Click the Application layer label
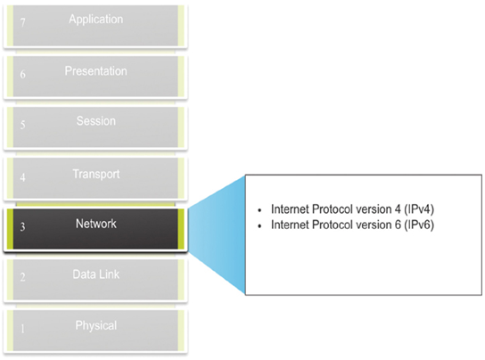tap(96, 20)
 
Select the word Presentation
tap(96, 71)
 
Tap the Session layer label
tap(96, 121)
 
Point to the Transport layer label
tap(96, 174)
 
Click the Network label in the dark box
tap(96, 224)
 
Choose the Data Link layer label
tap(96, 274)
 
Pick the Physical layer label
tap(96, 325)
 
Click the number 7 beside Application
tap(22, 22)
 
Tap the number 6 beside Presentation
tap(22, 74)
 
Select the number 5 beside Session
tap(22, 125)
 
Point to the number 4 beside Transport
tap(22, 177)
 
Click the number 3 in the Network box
tap(22, 227)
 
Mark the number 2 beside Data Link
tap(22, 277)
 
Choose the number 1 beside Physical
tap(22, 329)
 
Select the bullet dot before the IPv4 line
tap(259, 210)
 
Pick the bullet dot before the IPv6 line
tap(259, 226)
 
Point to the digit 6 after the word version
tap(398, 225)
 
